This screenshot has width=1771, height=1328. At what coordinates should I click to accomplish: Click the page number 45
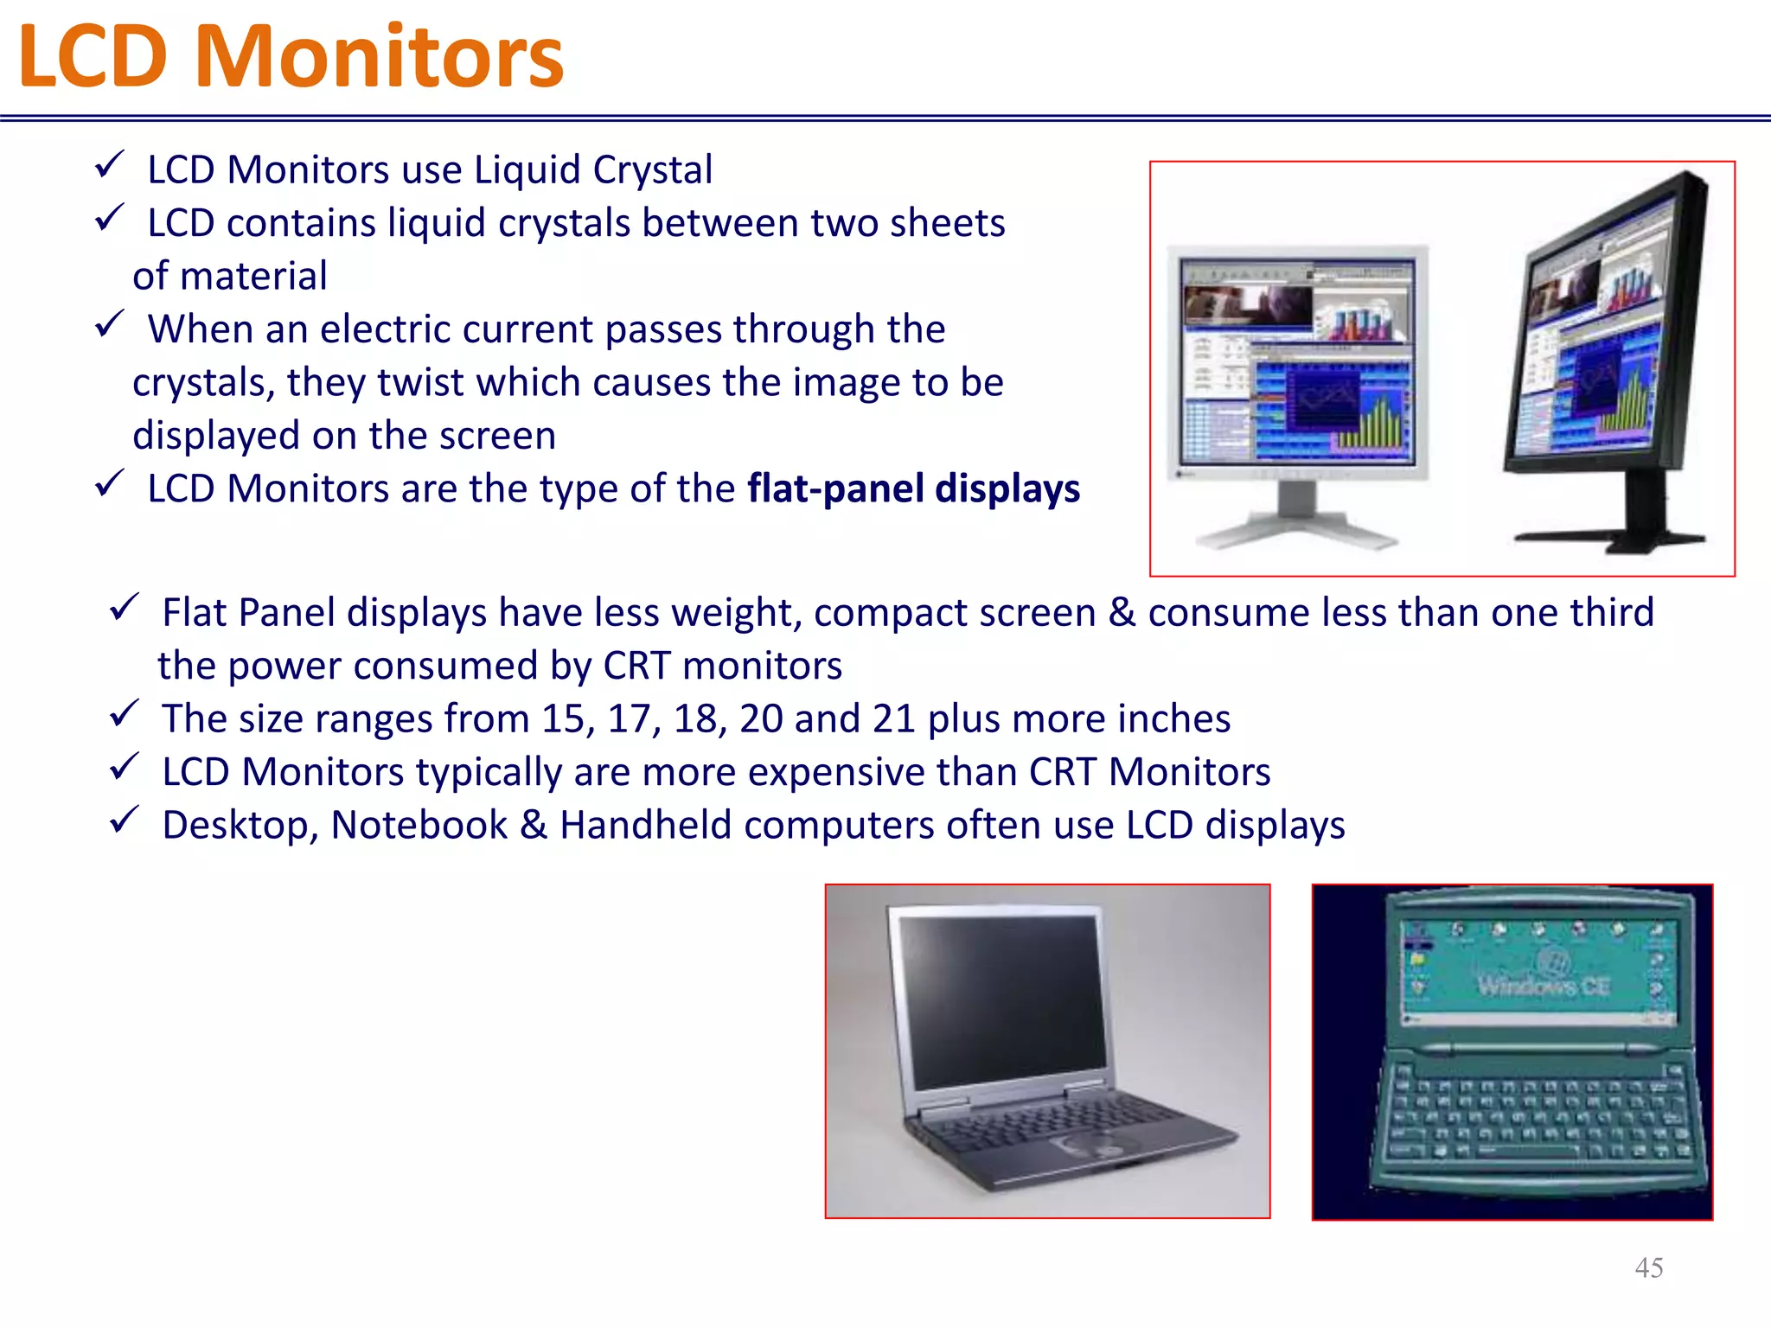click(1648, 1267)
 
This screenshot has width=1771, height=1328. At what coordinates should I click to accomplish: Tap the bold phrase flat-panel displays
click(913, 488)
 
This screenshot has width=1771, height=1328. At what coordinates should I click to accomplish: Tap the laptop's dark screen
click(1003, 1003)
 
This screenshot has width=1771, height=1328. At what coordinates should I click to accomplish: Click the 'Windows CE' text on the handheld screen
click(1543, 986)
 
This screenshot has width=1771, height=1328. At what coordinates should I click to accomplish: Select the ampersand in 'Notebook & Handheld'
click(534, 825)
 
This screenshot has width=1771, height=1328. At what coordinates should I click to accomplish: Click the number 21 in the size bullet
click(893, 719)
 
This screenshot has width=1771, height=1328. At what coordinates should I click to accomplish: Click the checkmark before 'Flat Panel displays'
click(125, 608)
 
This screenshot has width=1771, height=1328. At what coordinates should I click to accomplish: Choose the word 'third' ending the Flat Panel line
click(1612, 612)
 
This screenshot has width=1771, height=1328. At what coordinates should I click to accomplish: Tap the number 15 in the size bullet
click(563, 719)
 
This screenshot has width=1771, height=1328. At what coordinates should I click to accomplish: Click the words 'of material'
click(230, 277)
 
